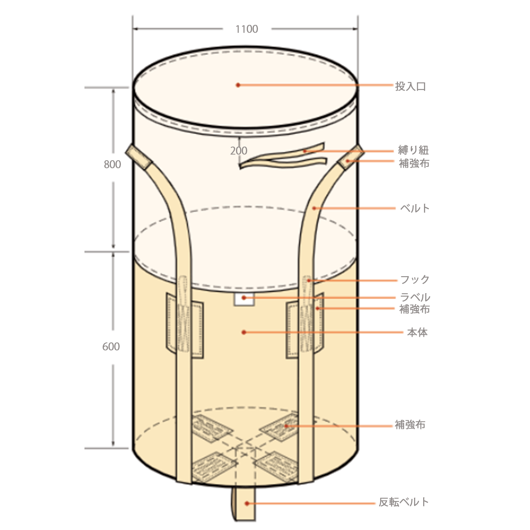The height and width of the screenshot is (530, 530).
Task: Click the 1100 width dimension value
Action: click(x=247, y=29)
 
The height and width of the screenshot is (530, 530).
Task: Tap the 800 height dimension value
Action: click(x=112, y=164)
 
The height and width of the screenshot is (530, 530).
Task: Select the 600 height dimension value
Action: click(x=111, y=347)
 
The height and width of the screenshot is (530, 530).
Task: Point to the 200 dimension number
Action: click(x=239, y=151)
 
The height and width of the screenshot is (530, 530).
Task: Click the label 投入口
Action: click(x=410, y=87)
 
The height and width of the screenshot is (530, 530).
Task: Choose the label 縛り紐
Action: click(x=413, y=150)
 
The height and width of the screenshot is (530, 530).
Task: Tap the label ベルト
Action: click(x=415, y=208)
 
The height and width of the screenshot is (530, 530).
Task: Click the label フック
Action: click(x=415, y=279)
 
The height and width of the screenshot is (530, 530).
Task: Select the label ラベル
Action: click(x=415, y=297)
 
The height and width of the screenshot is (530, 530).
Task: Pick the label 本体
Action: click(x=417, y=332)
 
